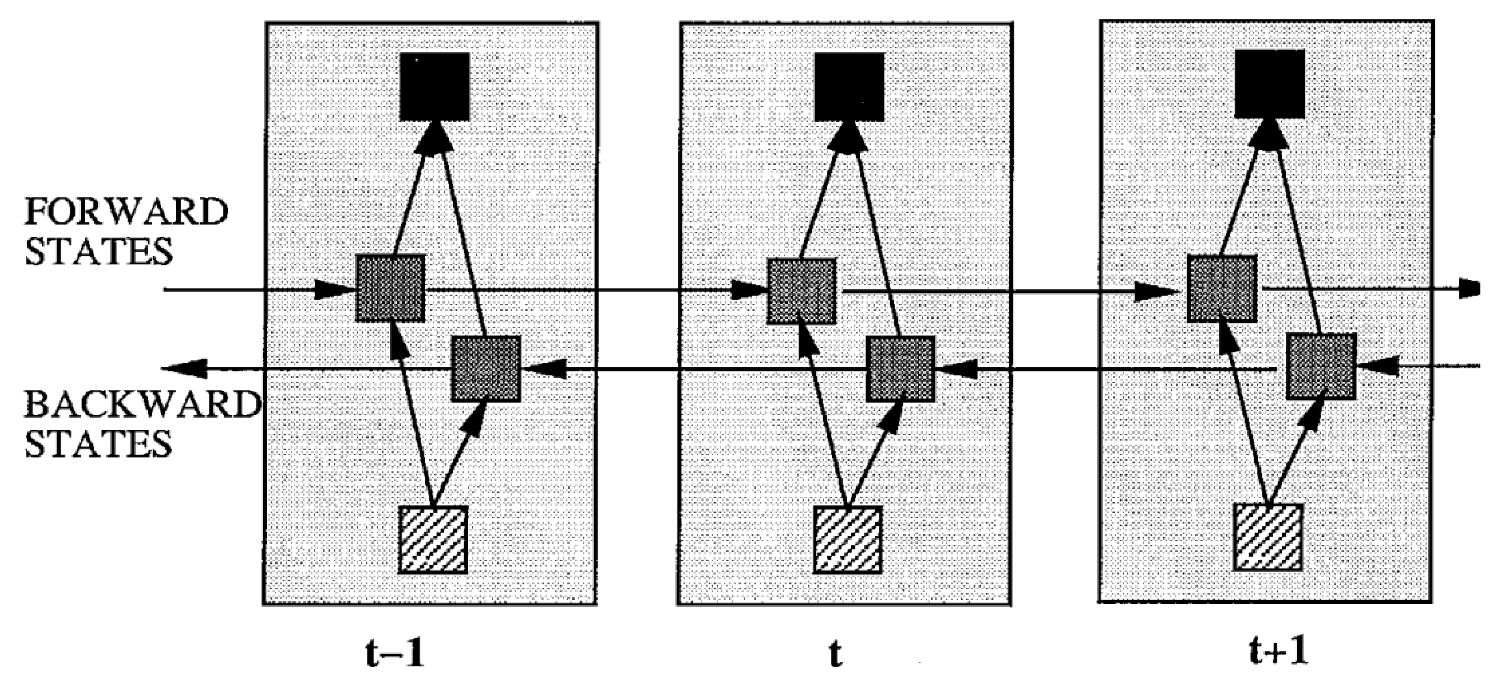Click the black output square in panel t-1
point(434,86)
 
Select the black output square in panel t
point(850,86)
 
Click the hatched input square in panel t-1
point(433,539)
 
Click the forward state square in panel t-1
point(391,288)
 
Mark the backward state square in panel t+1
point(1321,367)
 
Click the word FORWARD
point(126,212)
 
